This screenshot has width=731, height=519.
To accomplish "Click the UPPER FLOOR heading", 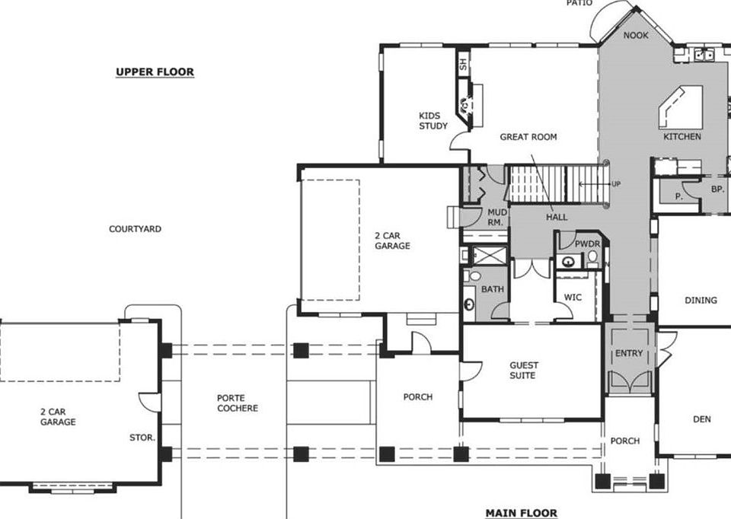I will point(155,72).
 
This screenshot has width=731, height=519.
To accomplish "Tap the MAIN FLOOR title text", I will point(522,513).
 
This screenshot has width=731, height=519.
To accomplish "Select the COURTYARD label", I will point(135,229).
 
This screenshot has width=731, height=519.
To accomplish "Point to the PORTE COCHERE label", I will point(238,403).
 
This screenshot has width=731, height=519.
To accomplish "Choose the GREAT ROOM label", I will point(528,137).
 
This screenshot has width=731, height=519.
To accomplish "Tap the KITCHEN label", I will point(682,137).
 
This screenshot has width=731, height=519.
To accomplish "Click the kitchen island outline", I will point(679,107).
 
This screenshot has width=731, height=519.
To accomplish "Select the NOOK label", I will point(636,36).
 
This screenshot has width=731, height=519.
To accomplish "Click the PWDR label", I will point(588,244).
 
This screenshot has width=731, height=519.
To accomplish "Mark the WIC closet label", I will point(573,298).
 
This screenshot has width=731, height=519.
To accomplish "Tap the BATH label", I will point(493,290).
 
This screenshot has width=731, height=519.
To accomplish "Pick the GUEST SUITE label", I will point(522,371).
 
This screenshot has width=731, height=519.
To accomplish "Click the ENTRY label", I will point(629,353).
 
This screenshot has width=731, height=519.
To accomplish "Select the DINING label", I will point(701,301).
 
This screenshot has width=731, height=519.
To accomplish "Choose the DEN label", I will point(701,419).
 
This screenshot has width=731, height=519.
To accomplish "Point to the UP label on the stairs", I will point(615,184).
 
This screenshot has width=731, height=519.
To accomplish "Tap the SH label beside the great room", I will point(462,65).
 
